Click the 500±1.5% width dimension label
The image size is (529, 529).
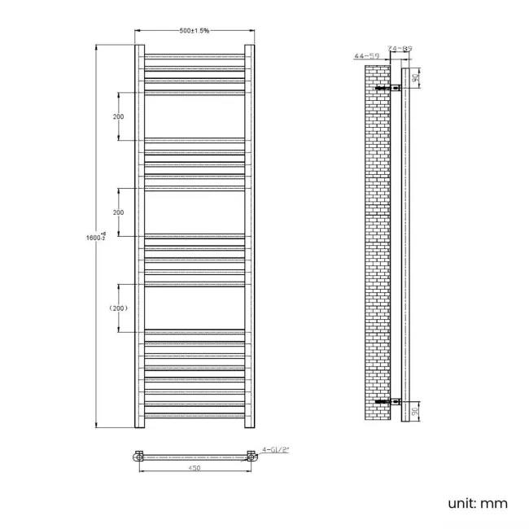coord(195,31)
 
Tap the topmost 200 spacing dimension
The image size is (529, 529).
coord(119,116)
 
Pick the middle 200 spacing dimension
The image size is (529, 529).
coord(119,212)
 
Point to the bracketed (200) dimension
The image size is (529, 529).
coord(119,308)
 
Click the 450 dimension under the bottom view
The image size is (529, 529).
coord(195,469)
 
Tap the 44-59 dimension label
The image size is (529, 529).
coord(365,56)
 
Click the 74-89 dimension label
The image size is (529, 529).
coord(400,49)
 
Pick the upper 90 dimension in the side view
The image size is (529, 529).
coord(415,78)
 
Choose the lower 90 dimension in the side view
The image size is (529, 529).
coord(415,411)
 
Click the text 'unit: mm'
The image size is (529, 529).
coord(478,504)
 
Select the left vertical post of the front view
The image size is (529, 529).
coord(139,236)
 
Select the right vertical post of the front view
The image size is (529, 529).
coord(251,236)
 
